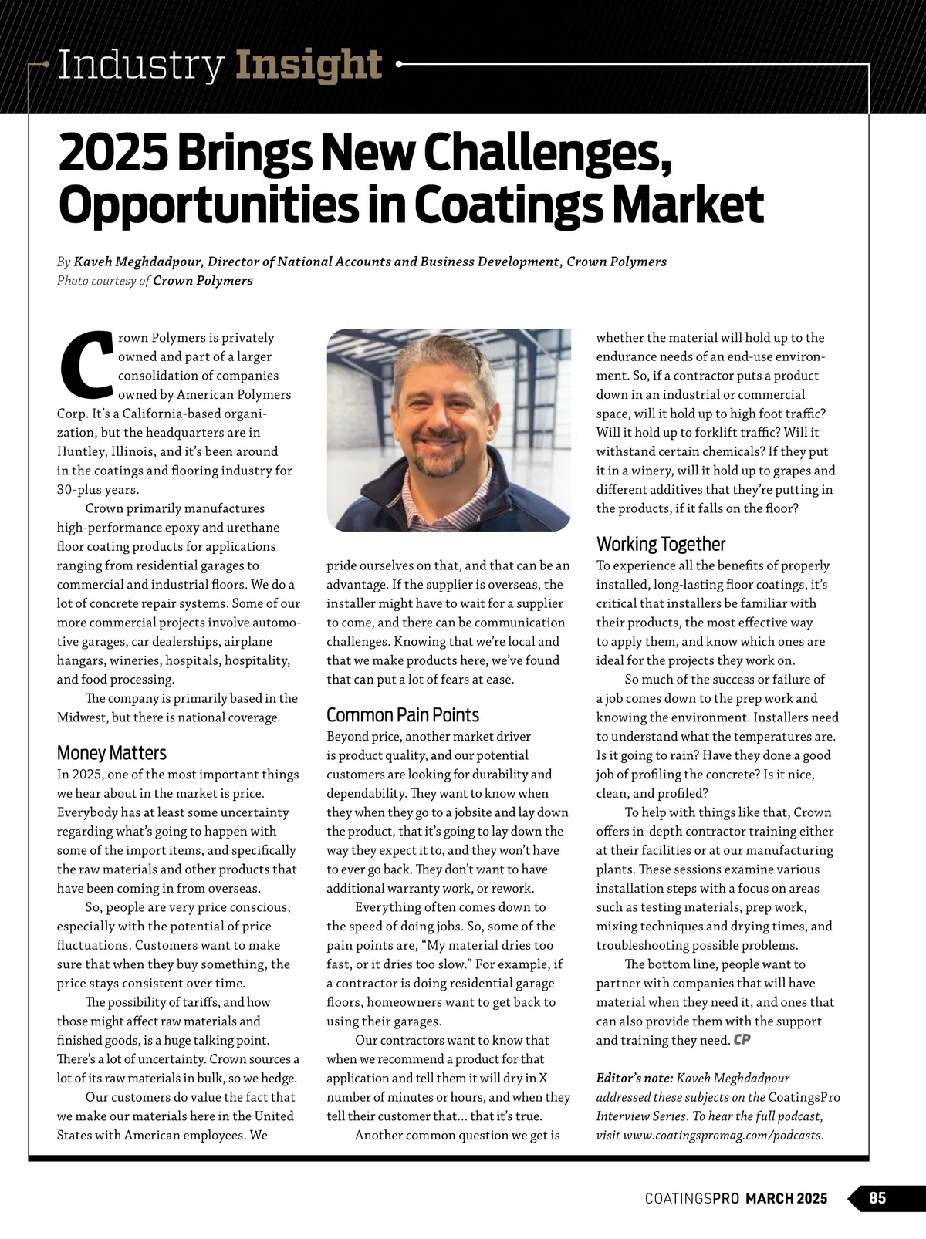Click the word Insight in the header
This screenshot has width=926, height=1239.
coord(309,66)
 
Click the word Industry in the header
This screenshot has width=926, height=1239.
coord(140,66)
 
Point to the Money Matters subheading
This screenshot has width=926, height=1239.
coord(111,753)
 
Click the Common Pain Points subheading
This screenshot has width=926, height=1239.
coord(402,715)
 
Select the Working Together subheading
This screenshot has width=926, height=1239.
coord(661,544)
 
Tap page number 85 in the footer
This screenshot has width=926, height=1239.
coord(877,1198)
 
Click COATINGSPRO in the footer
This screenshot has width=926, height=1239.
coord(692,1199)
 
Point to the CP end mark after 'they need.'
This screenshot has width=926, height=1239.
coord(742,1040)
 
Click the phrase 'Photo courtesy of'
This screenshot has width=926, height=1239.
coord(103,281)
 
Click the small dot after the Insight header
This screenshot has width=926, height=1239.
coord(399,66)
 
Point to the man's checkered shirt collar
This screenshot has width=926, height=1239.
coord(417,501)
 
